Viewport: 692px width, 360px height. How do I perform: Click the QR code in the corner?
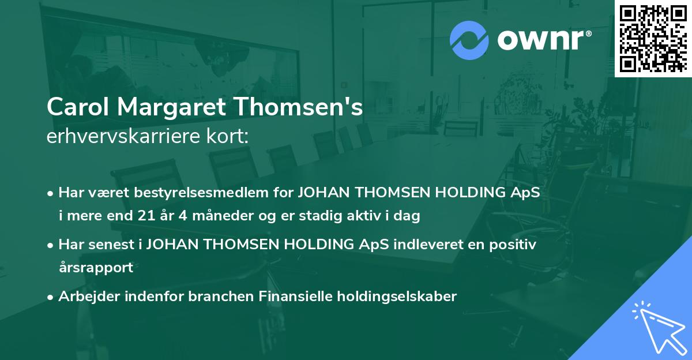pos(653,38)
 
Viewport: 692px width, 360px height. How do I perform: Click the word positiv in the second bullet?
pos(516,245)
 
